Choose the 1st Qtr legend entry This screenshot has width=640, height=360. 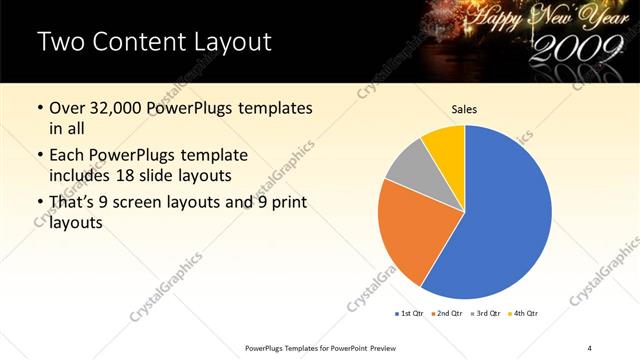[x=411, y=314]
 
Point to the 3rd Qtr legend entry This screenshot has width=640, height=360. [x=488, y=314]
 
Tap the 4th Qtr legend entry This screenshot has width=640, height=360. [x=525, y=314]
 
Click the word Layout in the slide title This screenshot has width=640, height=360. [x=227, y=42]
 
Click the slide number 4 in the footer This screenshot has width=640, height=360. [x=590, y=347]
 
